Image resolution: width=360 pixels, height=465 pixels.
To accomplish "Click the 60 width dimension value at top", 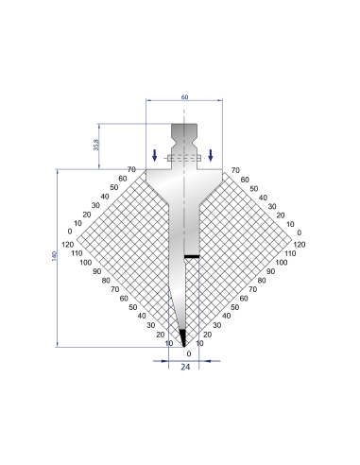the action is click(x=184, y=97).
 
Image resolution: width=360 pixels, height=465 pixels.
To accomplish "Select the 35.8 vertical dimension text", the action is click(x=96, y=145).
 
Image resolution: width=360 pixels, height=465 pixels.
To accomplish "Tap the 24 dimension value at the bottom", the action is click(x=185, y=367).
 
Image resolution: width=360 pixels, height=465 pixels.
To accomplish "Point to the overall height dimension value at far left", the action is click(x=54, y=256).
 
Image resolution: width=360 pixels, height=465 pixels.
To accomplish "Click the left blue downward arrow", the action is click(x=154, y=155).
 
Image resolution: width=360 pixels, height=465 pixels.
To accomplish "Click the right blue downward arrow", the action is click(x=211, y=155).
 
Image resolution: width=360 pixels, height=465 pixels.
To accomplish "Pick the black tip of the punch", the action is click(x=183, y=337).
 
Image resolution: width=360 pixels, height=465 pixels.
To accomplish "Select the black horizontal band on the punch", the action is click(x=192, y=256).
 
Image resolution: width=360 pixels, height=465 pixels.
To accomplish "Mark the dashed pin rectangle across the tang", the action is click(x=184, y=158).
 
